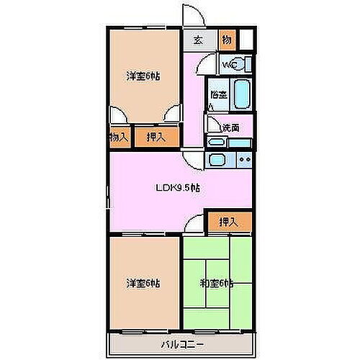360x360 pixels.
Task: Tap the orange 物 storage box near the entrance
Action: coord(225,40)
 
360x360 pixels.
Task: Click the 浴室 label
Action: coord(218,94)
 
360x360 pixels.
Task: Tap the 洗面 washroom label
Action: coord(230,127)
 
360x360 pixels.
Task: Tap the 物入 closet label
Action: coord(119,137)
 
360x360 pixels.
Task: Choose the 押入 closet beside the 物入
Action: coord(155,137)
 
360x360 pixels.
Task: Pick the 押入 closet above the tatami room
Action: coord(228,222)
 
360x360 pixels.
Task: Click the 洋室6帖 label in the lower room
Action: coord(143,282)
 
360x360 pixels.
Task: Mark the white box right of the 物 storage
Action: coord(246,40)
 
